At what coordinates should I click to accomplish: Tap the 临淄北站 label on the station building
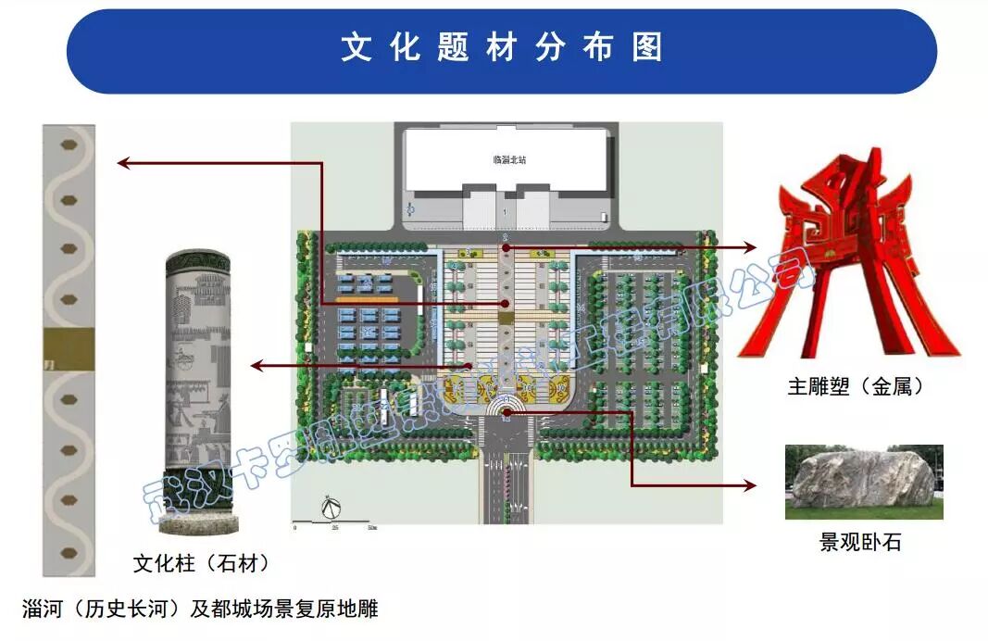click(508, 159)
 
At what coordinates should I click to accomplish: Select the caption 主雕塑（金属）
click(856, 387)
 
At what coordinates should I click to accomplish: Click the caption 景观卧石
click(860, 541)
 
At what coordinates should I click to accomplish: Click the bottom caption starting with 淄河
click(200, 609)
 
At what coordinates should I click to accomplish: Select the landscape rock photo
click(863, 482)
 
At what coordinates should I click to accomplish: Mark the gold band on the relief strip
click(69, 349)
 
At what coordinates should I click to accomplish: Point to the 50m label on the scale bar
click(372, 526)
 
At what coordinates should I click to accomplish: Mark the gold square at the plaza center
click(506, 318)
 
